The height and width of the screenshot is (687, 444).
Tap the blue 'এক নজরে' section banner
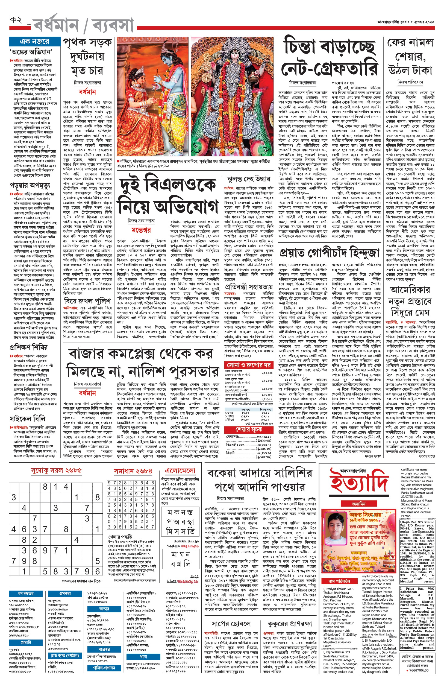(35, 42)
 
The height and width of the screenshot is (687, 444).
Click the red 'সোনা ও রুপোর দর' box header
(248, 365)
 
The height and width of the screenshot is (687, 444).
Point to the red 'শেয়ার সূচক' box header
(249, 429)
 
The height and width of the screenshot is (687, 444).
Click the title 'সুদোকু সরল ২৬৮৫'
(56, 470)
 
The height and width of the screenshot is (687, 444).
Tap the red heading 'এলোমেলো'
(180, 471)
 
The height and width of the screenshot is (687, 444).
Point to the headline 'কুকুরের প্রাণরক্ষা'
(289, 624)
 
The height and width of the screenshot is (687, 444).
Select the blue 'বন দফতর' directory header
(26, 594)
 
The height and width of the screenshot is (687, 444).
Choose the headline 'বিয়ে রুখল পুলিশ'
(87, 301)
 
